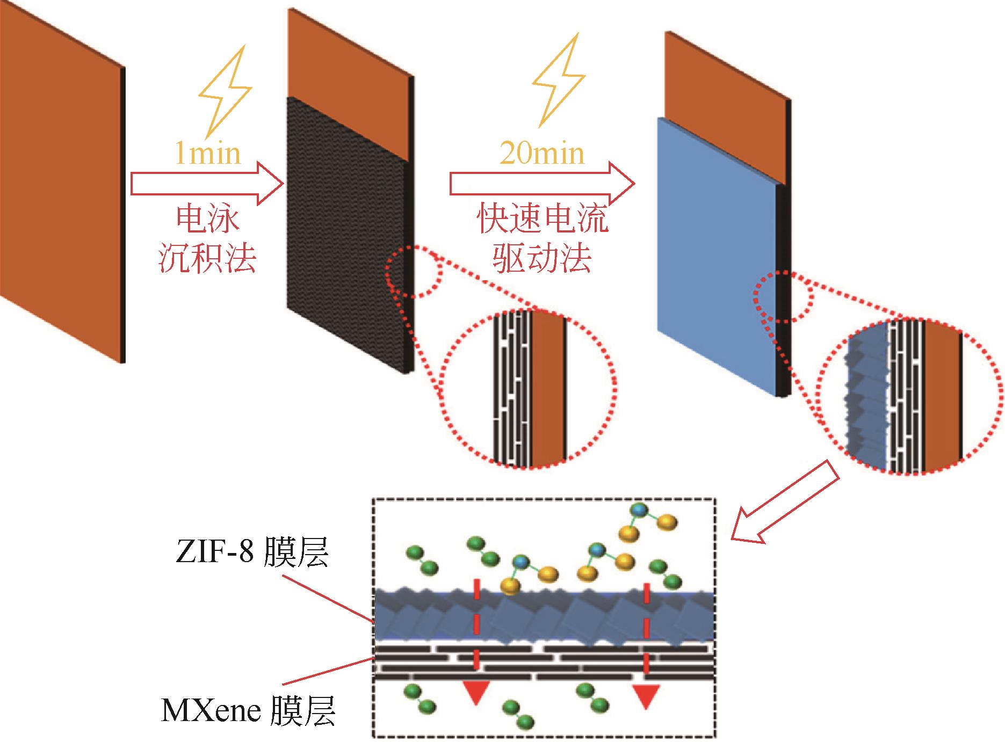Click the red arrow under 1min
click(x=207, y=184)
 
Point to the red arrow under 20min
click(x=541, y=184)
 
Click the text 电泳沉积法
click(x=207, y=239)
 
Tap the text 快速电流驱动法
click(x=543, y=239)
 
